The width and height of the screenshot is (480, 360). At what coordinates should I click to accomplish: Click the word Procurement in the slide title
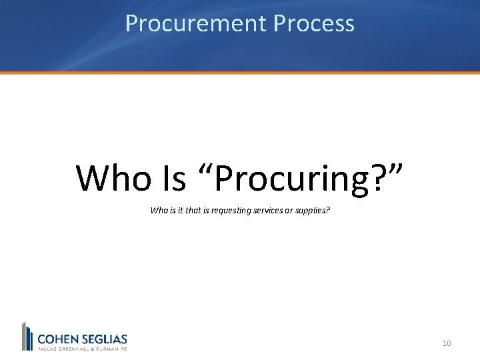click(x=196, y=24)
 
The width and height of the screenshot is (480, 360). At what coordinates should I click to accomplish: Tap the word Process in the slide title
click(x=313, y=24)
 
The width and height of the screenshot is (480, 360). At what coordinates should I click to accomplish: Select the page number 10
click(x=447, y=343)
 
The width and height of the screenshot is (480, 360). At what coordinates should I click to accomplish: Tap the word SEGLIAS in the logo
click(x=103, y=339)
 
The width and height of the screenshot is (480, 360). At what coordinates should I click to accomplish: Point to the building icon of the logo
click(x=27, y=337)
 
